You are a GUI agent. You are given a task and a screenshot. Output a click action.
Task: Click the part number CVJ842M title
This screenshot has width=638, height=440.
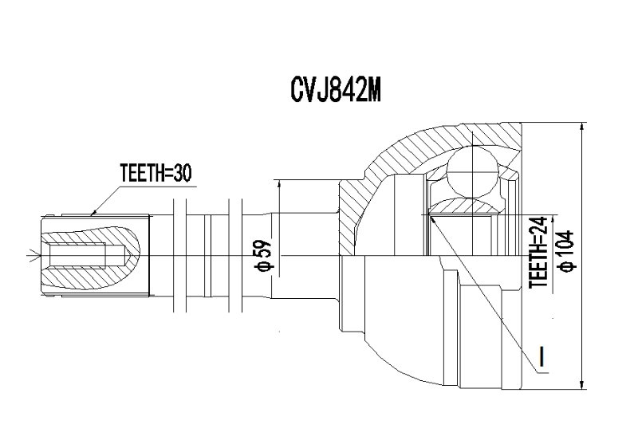[x=336, y=90]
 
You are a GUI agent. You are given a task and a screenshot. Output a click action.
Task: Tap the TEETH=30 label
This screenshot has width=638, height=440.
[x=156, y=173]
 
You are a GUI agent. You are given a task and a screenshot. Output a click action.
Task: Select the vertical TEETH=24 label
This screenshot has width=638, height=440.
[x=538, y=252]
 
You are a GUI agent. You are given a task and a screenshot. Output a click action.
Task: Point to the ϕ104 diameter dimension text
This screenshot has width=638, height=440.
[x=566, y=250]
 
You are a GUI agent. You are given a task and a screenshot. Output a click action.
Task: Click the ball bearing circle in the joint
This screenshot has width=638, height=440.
[x=472, y=172]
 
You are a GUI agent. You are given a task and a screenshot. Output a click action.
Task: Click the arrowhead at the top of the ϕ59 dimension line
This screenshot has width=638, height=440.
[x=279, y=185]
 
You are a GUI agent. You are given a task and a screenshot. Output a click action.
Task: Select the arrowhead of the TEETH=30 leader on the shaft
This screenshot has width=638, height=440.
[x=93, y=212]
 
